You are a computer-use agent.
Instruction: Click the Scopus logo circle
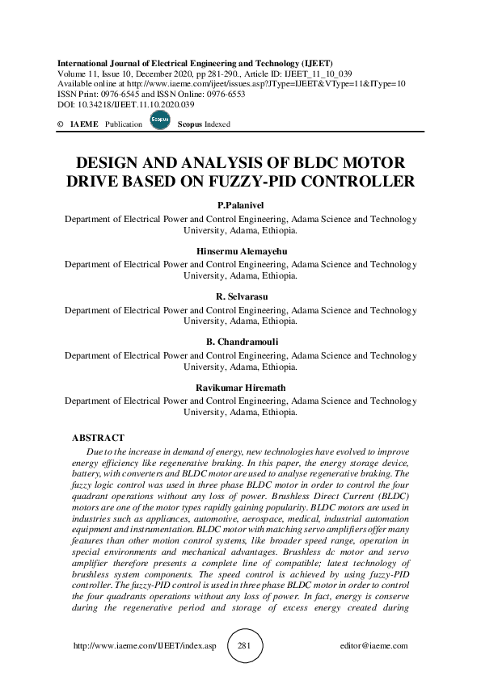161,122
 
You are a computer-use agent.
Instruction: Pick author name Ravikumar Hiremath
240,388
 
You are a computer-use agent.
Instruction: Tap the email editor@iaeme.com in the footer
375,646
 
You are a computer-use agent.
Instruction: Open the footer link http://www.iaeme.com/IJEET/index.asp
145,646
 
